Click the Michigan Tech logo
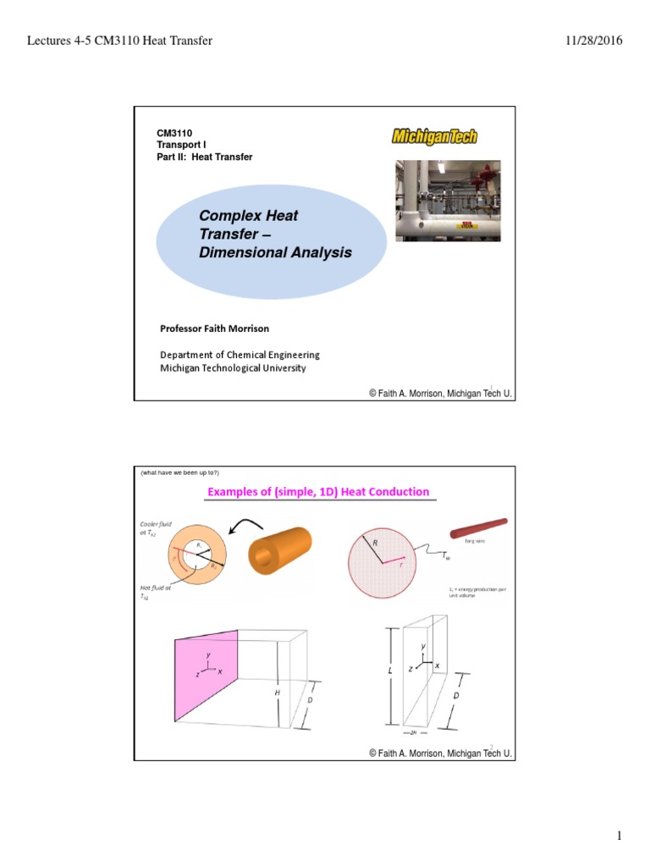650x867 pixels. [434, 136]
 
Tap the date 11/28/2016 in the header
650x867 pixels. [589, 41]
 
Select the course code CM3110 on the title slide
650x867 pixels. [174, 134]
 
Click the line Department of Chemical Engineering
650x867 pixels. [240, 355]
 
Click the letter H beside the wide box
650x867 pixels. [277, 693]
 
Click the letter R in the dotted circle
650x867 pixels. [374, 542]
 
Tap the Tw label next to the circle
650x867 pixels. [447, 555]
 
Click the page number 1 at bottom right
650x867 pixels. [619, 837]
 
